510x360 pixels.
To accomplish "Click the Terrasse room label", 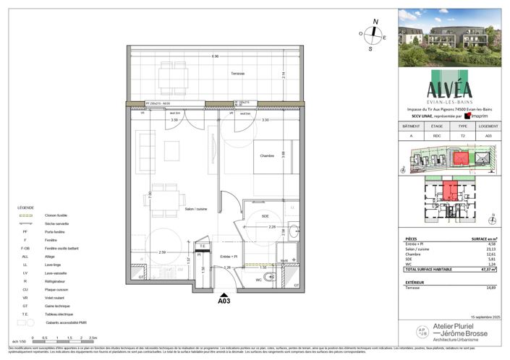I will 238,74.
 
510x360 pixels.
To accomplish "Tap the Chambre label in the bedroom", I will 263,155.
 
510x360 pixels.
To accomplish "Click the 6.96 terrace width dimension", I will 215,56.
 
